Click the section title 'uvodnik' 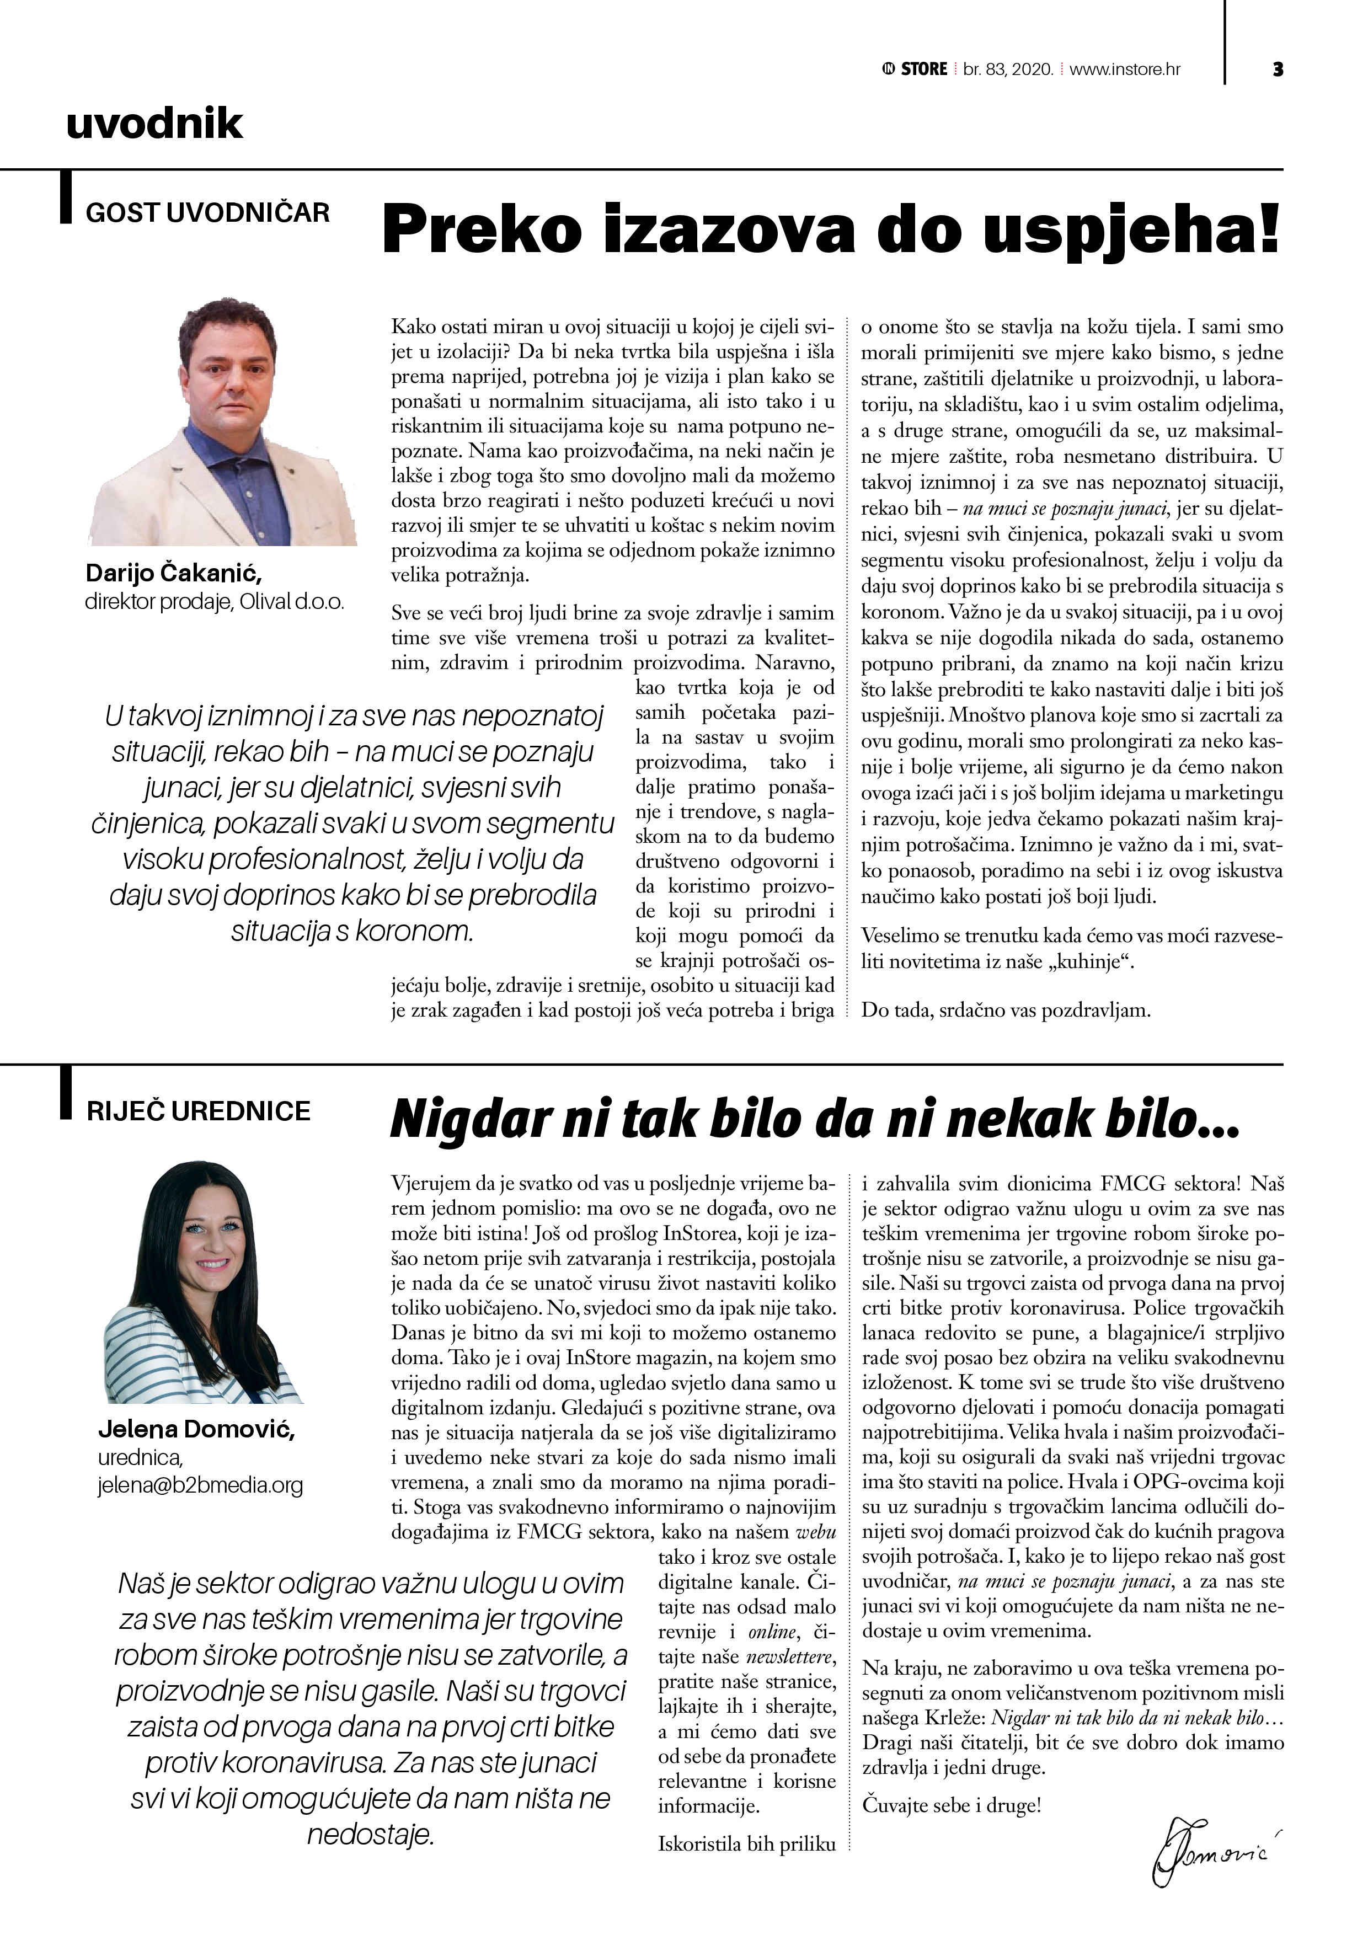154,125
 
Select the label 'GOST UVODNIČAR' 207,212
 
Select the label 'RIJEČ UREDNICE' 199,1111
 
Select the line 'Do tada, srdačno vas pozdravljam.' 1004,1009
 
